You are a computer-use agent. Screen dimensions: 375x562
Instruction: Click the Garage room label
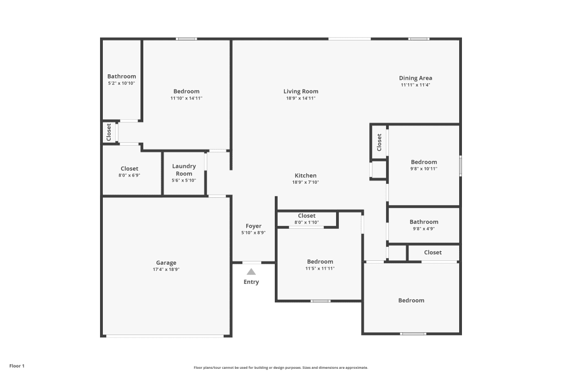[166, 263]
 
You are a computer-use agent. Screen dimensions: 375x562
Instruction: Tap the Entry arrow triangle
[251, 272]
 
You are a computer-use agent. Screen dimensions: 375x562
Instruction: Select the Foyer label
[253, 226]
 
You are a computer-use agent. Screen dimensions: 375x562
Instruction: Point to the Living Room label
[301, 91]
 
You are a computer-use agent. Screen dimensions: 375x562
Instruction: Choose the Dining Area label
[415, 78]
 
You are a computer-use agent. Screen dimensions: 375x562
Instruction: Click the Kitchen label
[305, 175]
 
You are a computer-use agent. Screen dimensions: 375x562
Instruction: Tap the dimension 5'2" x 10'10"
[121, 83]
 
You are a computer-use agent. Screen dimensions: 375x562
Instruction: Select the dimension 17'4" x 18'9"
[166, 269]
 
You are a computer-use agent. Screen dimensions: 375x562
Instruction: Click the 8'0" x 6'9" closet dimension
[129, 175]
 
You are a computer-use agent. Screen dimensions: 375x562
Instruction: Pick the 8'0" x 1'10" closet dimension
[306, 223]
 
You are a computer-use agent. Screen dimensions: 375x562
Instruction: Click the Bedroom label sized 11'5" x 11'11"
[320, 261]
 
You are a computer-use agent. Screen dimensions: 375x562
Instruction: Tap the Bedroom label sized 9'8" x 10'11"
[423, 162]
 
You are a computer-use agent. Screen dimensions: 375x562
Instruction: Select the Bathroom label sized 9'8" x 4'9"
[423, 222]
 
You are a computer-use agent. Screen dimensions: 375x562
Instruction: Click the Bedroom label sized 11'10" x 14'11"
[186, 91]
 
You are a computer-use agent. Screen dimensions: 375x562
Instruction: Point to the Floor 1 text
[17, 366]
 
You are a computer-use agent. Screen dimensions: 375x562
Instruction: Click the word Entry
[251, 282]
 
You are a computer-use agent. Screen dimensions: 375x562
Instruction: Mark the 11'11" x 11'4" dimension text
[415, 85]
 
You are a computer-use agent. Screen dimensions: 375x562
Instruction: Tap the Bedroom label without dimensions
[411, 300]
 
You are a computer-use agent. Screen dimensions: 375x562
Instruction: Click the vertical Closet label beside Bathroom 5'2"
[109, 132]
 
